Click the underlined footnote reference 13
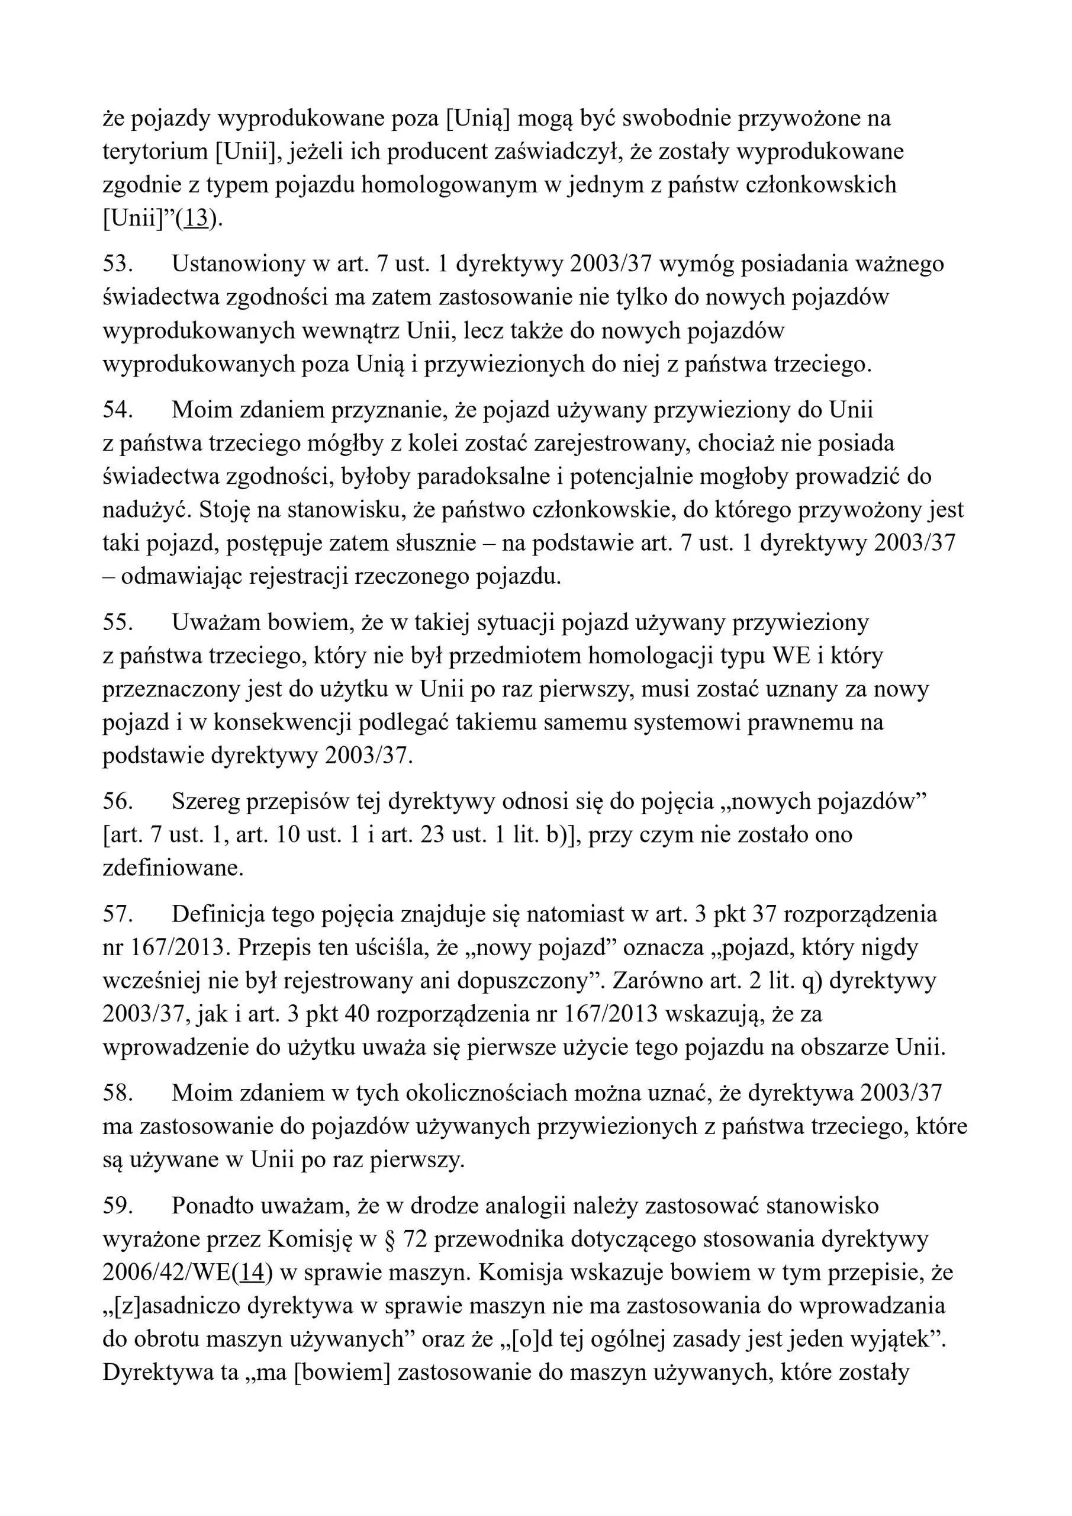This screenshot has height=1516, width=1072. click(196, 219)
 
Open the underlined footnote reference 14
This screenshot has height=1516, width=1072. click(252, 1274)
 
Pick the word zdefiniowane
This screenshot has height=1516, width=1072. click(173, 869)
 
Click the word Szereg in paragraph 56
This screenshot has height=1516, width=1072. click(204, 802)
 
